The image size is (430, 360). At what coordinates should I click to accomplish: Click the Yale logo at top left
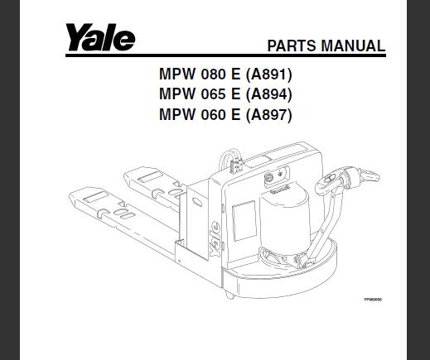click(100, 37)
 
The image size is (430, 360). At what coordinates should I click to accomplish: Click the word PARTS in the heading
click(292, 46)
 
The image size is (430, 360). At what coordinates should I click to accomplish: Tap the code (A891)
click(268, 74)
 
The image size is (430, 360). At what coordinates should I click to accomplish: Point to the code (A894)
click(268, 94)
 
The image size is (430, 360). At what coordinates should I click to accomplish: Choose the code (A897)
click(268, 114)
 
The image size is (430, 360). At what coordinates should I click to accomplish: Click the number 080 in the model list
click(213, 74)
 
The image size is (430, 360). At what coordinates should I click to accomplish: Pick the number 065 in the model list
click(213, 94)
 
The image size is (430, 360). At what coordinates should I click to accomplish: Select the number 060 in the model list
click(213, 114)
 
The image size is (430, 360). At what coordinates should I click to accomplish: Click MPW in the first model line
click(177, 74)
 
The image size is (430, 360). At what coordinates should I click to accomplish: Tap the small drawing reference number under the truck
click(373, 300)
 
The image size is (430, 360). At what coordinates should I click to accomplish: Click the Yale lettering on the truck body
click(215, 239)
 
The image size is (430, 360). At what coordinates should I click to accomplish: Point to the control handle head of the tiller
click(348, 180)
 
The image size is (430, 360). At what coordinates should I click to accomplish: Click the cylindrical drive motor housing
click(284, 220)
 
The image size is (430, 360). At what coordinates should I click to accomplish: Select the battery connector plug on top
click(235, 166)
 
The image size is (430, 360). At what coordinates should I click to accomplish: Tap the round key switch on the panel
click(268, 178)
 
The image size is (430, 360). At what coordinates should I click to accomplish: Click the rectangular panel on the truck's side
click(244, 221)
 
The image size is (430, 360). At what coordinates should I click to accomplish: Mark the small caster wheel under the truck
click(230, 295)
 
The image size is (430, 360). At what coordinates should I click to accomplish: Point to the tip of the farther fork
click(125, 176)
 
